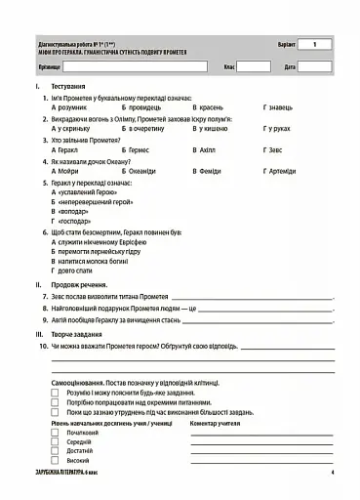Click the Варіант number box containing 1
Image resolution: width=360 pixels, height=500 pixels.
314,45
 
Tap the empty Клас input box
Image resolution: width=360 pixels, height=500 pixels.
254,67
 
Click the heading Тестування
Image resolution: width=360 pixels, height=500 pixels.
73,88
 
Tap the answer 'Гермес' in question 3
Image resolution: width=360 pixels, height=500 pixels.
140,151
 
